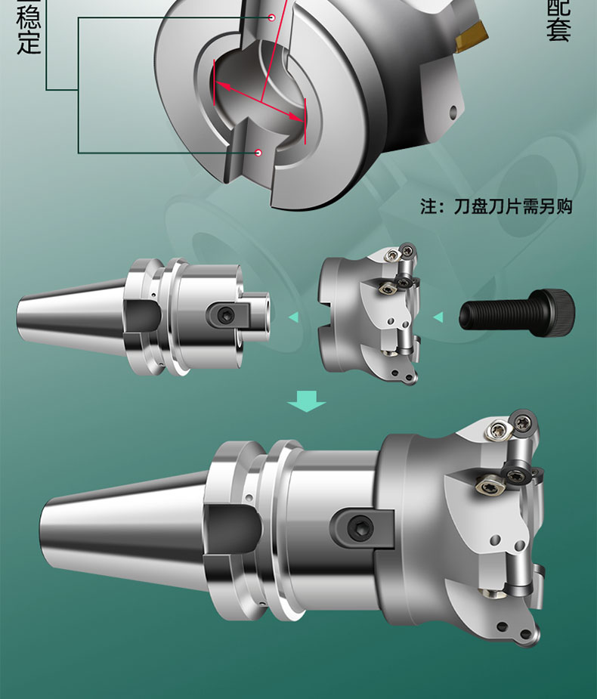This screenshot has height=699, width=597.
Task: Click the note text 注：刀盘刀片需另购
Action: pos(496,206)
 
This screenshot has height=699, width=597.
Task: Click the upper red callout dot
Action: pos(270,17)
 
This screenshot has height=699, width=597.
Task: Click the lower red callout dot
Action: pos(258,153)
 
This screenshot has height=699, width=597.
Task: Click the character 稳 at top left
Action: pos(28,15)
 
